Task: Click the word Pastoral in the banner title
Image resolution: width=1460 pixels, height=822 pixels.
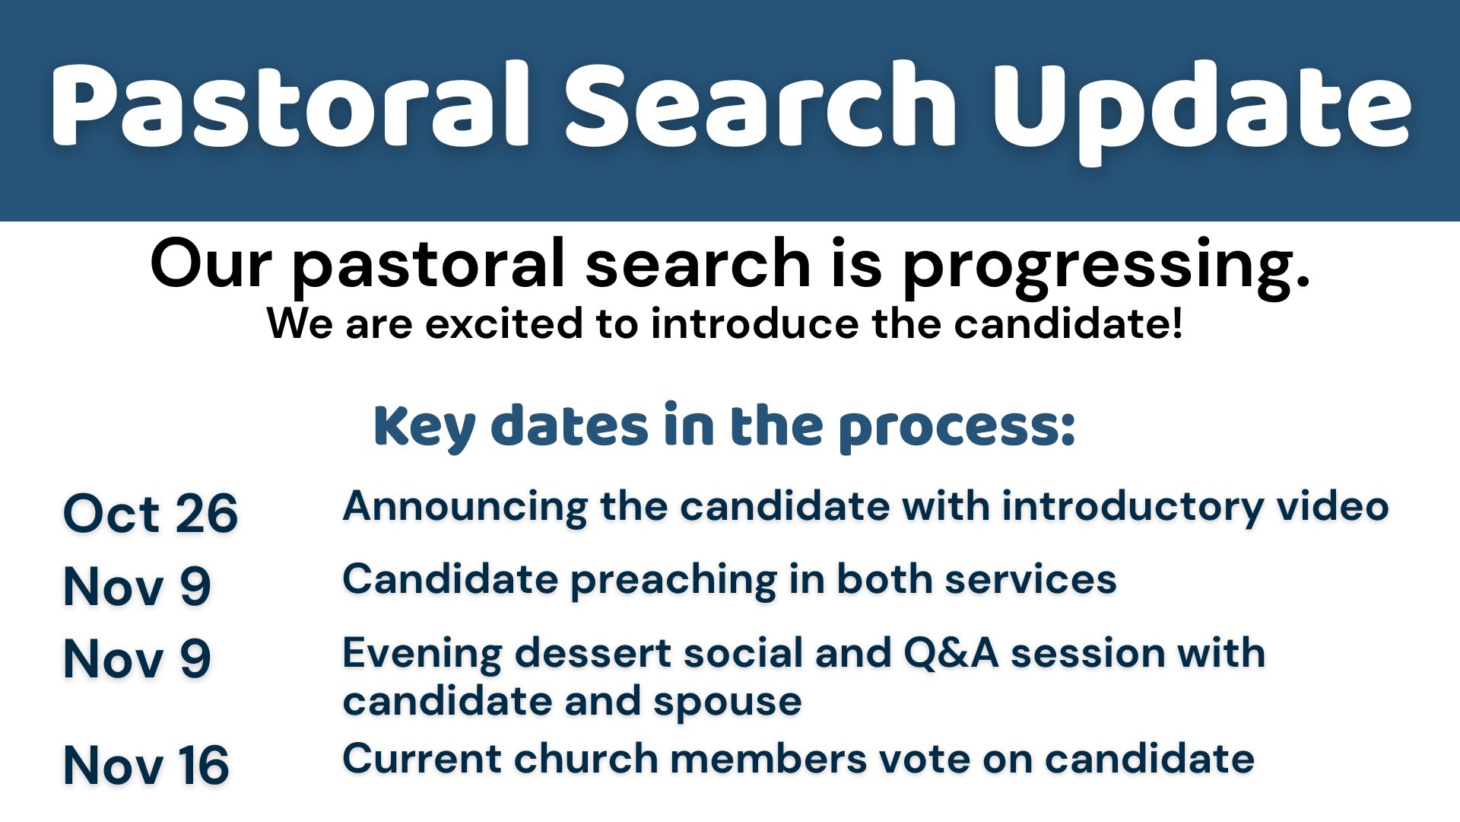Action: pyautogui.click(x=290, y=105)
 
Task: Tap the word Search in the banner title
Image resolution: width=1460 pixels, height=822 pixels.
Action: pyautogui.click(x=760, y=104)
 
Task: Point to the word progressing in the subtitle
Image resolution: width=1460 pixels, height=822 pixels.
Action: pyautogui.click(x=1106, y=266)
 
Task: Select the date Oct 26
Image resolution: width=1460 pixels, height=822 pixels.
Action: pyautogui.click(x=151, y=513)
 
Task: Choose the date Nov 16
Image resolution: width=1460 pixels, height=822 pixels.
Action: pyautogui.click(x=146, y=764)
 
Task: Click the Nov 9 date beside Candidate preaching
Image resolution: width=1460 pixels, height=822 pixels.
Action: pyautogui.click(x=137, y=586)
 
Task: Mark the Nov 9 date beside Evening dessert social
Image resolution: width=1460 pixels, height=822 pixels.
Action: pyautogui.click(x=137, y=658)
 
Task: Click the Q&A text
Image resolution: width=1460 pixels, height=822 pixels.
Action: pyautogui.click(x=951, y=654)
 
